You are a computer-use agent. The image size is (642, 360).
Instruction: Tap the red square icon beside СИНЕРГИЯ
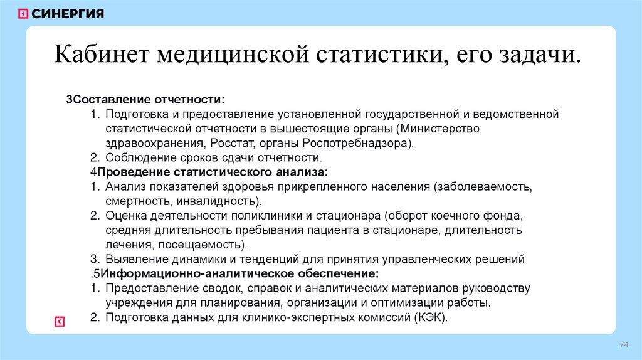tap(23, 14)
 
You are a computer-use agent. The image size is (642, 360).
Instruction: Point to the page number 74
tap(624, 346)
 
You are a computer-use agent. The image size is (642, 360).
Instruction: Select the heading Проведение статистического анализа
tap(213, 172)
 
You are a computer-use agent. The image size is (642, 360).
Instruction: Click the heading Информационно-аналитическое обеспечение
tap(240, 273)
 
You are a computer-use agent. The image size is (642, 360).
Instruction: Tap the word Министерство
tap(439, 129)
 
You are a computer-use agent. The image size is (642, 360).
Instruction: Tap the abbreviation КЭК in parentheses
tap(429, 317)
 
